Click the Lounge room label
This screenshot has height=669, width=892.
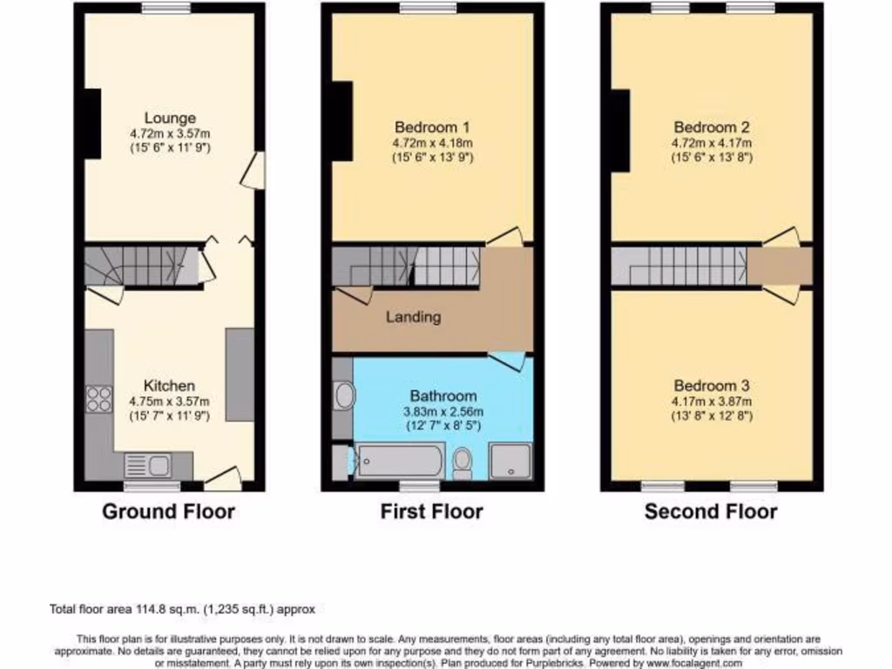tap(170, 118)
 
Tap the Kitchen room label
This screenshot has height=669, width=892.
tap(169, 385)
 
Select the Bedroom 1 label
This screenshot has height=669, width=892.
tap(432, 125)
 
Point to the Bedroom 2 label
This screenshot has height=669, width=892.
tap(712, 125)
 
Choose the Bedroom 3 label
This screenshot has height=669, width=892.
tap(712, 385)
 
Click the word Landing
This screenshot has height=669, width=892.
tap(413, 317)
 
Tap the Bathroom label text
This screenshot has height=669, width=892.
tap(443, 395)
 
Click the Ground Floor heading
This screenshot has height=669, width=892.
tap(168, 511)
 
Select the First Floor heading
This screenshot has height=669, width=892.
tap(431, 511)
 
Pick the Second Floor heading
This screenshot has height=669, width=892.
tap(711, 511)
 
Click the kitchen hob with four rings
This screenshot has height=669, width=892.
tap(98, 399)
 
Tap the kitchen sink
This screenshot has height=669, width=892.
tap(148, 466)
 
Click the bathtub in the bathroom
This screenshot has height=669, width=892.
tap(397, 460)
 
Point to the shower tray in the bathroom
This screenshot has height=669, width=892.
tap(510, 461)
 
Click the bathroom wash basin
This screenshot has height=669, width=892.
tap(345, 396)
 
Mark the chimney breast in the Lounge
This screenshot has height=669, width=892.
tap(91, 123)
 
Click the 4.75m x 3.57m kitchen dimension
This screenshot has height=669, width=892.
tap(169, 402)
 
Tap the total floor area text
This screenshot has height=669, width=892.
tap(184, 609)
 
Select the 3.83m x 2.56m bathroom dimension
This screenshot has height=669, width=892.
tap(443, 411)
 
